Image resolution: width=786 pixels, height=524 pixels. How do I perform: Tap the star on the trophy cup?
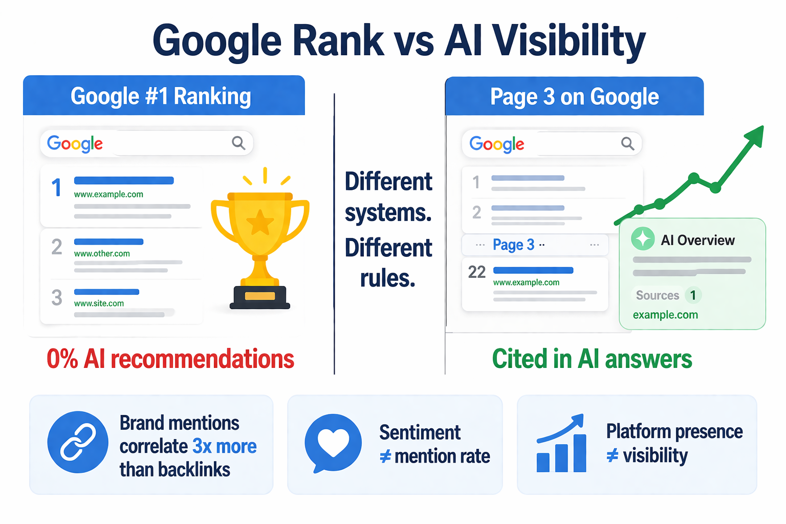pyautogui.click(x=260, y=223)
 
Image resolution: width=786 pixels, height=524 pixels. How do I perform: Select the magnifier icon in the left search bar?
pyautogui.click(x=238, y=143)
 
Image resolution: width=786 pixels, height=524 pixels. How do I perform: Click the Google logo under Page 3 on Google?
pyautogui.click(x=497, y=144)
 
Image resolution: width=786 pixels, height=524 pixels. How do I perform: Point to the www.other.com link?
pyautogui.click(x=102, y=253)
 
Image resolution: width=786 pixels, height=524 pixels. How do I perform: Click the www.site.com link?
pyautogui.click(x=99, y=303)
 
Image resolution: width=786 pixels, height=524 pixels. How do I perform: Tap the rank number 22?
pyautogui.click(x=477, y=272)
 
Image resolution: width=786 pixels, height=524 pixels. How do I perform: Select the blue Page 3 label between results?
pyautogui.click(x=514, y=245)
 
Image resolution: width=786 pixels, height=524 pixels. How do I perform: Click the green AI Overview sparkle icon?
pyautogui.click(x=643, y=238)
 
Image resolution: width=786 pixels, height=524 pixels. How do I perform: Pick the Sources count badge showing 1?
pyautogui.click(x=693, y=295)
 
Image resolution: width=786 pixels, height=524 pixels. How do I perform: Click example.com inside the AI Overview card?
pyautogui.click(x=665, y=315)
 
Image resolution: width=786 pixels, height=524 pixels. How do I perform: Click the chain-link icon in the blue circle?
pyautogui.click(x=78, y=442)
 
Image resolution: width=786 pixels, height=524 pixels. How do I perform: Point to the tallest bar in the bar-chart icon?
pyautogui.click(x=580, y=453)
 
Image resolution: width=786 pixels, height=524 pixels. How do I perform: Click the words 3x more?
pyautogui.click(x=225, y=446)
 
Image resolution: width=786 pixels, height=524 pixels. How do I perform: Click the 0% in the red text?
pyautogui.click(x=62, y=359)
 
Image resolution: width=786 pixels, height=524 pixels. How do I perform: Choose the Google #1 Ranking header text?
pyautogui.click(x=161, y=96)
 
